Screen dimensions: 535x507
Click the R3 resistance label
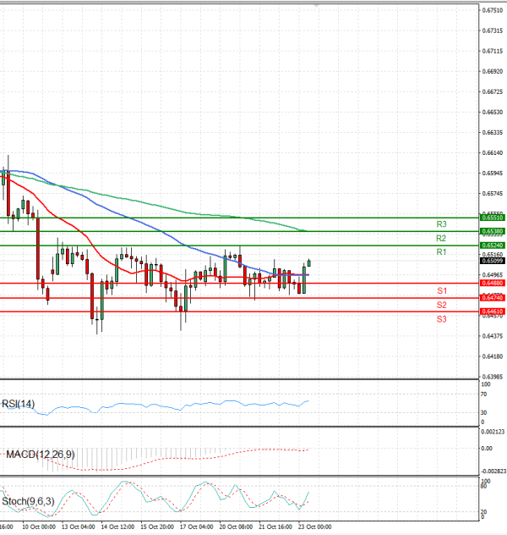[441, 224]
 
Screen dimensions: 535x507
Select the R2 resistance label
[441, 239]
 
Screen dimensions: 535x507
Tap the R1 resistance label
[441, 253]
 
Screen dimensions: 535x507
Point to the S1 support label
[441, 290]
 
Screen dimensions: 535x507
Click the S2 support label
[441, 305]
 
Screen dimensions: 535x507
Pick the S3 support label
[441, 319]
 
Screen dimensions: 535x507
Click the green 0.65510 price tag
[493, 218]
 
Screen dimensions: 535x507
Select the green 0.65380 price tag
[493, 231]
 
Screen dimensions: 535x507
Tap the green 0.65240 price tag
[493, 245]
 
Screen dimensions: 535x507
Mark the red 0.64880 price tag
[493, 283]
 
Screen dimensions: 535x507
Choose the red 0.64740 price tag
[493, 298]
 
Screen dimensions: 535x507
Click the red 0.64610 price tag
[493, 312]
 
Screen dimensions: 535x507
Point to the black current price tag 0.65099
[493, 261]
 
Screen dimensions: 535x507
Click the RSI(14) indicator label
[18, 404]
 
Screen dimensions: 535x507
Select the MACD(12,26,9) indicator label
[40, 455]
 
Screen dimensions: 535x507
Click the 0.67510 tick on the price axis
[493, 10]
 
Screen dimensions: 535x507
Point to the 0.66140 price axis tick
[493, 153]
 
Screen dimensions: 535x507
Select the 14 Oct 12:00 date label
[117, 527]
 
